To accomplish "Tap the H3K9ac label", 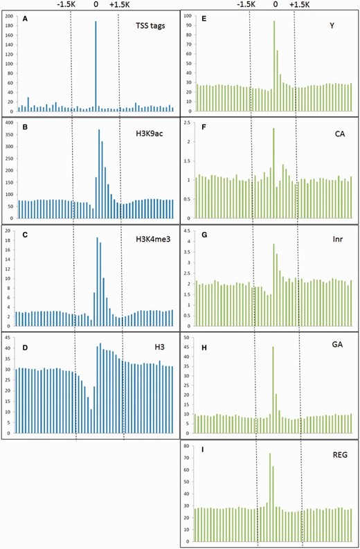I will coord(155,136).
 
